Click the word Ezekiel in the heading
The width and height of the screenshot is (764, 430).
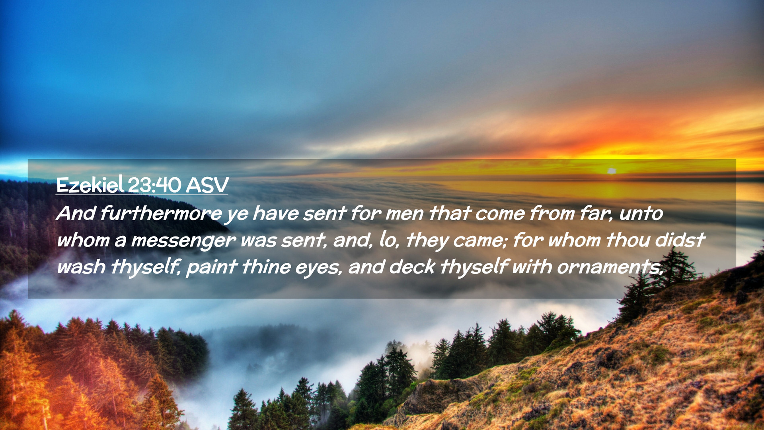coord(90,185)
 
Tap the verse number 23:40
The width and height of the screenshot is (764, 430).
coord(155,185)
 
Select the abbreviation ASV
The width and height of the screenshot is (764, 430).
coord(207,185)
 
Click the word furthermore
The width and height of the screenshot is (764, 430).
coord(161,213)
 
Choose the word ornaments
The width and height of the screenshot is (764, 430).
coord(610,267)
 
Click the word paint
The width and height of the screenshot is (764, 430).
coord(212,267)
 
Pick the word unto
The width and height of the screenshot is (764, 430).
coord(641,213)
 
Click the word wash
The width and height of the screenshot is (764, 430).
coord(81,266)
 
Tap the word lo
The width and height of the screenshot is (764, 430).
coord(389,240)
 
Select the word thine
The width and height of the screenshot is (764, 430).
coord(266,266)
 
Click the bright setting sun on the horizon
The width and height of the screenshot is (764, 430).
coord(612,171)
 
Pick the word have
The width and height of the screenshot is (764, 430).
coord(275,213)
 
